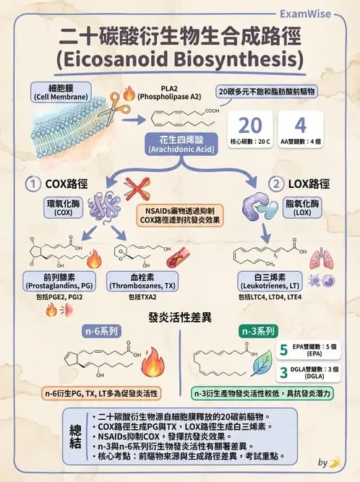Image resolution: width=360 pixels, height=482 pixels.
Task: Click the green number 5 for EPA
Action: (283, 351)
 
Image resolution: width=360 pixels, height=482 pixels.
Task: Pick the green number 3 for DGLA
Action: (283, 372)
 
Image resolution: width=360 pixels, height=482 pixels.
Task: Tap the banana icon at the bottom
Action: (334, 462)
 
